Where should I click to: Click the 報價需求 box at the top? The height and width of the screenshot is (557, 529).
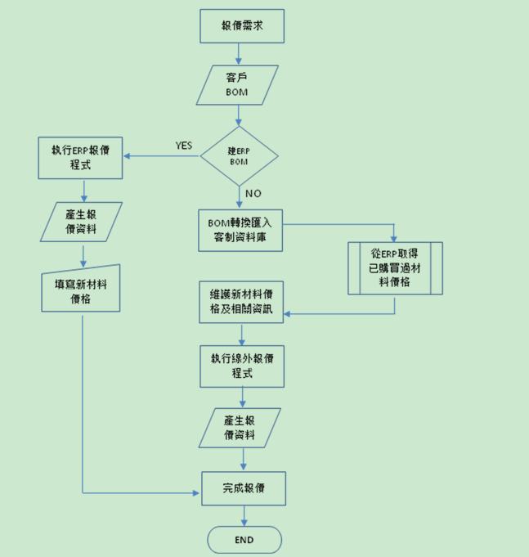[x=242, y=26]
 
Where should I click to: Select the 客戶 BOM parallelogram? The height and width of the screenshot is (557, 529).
[x=237, y=85]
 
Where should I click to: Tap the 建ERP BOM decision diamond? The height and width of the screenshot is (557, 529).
[x=239, y=156]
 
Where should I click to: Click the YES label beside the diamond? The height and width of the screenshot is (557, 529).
[x=183, y=146]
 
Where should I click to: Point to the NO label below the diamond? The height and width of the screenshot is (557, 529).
[x=253, y=194]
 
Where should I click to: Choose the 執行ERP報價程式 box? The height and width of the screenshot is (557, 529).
[x=81, y=158]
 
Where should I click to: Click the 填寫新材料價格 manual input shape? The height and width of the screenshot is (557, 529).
[x=81, y=288]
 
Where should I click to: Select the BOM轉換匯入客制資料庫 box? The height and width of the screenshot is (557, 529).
[x=240, y=231]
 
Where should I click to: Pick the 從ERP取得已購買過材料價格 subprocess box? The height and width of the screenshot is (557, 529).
[x=395, y=268]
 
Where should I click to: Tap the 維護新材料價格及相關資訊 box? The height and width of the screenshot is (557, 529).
[x=241, y=303]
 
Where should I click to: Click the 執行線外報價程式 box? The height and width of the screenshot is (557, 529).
[x=242, y=366]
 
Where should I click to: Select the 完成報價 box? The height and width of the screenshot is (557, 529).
[x=244, y=488]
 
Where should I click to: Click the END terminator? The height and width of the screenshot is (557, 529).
[x=244, y=540]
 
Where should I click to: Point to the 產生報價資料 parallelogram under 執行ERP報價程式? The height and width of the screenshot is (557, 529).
[x=81, y=222]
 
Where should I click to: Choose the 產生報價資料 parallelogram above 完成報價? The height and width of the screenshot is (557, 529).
[x=240, y=428]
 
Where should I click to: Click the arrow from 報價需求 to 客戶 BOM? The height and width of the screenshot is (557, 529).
[x=239, y=54]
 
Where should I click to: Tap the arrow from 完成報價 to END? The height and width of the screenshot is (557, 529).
[x=244, y=516]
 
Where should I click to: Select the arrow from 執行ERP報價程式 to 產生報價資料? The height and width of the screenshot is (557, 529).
[x=84, y=191]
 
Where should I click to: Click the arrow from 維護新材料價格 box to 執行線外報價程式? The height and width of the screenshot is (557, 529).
[x=242, y=335]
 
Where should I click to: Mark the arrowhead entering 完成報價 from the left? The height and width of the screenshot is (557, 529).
[x=195, y=493]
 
